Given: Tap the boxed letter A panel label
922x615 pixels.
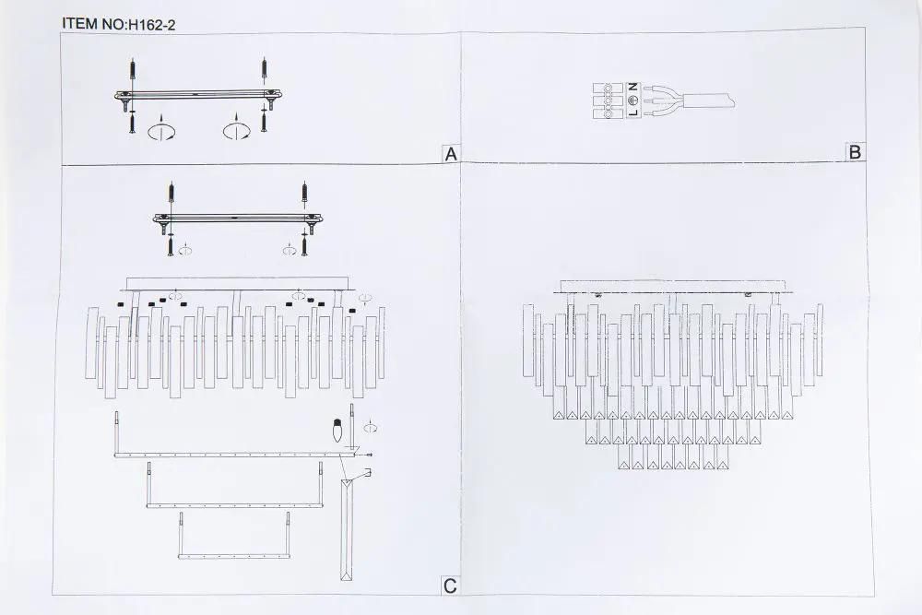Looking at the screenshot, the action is pos(451,153).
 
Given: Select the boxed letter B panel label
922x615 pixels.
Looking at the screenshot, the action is pos(855,152).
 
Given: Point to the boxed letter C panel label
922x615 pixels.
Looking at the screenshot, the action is pos(450,585).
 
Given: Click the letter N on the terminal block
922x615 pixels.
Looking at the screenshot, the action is pos(633,87).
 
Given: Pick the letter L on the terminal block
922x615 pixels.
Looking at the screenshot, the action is pos(633,112).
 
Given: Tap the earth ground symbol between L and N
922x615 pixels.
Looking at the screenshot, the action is pos(633,99).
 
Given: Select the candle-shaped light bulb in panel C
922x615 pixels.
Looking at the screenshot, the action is pos(337,432).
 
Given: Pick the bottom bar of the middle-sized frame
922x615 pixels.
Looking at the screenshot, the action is pos(234,505).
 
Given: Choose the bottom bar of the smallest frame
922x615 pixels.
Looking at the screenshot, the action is pos(233,555).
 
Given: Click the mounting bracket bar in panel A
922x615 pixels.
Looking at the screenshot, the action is pos(198,95).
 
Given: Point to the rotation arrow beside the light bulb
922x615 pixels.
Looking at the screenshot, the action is pos(370,427).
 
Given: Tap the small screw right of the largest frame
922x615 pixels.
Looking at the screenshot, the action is pos(370,455).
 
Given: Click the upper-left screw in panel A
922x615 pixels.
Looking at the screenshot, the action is pos(134,69).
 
